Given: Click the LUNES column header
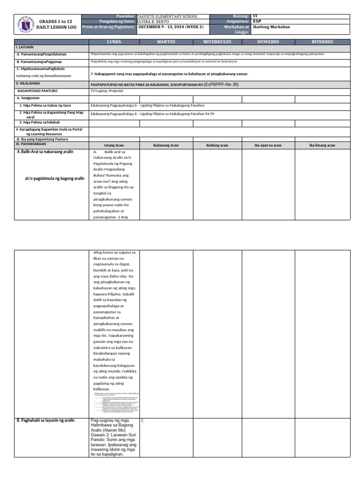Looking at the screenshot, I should click(x=114, y=42).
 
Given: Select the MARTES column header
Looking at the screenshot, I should click(x=166, y=42).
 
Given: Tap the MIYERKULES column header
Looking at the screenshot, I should click(x=217, y=42).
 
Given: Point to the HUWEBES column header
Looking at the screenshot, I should click(x=268, y=42).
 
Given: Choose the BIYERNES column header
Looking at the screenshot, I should click(x=322, y=42).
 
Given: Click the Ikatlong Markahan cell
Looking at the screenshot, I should click(x=271, y=27).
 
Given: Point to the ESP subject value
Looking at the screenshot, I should click(x=257, y=22).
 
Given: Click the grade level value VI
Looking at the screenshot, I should click(x=255, y=16).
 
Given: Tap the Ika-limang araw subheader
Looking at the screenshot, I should click(x=322, y=145).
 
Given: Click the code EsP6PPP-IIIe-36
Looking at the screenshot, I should click(x=221, y=84).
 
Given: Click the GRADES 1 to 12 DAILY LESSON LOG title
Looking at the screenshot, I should click(x=55, y=25).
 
